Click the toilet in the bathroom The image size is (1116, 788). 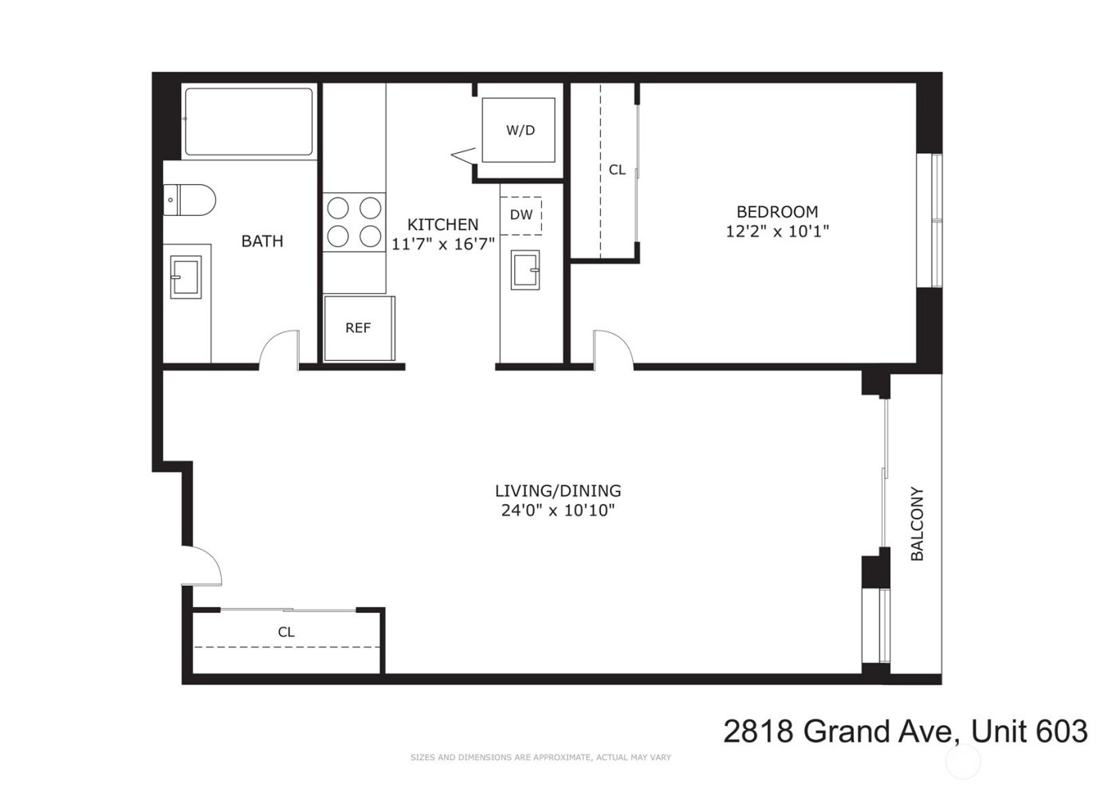[190, 200]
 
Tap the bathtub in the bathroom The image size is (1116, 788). [249, 122]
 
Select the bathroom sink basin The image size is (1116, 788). [187, 277]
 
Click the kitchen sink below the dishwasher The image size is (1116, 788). [525, 269]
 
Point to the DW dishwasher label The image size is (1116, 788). [521, 214]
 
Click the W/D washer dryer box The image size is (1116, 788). [519, 130]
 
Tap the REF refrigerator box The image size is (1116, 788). [358, 327]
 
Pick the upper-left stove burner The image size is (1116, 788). [338, 208]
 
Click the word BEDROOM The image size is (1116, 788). [776, 212]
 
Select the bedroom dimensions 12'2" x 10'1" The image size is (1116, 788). [777, 232]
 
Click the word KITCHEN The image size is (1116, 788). [442, 225]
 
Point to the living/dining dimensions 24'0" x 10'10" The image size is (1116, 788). [557, 511]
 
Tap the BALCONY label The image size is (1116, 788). [917, 523]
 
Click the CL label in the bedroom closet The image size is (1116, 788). [617, 170]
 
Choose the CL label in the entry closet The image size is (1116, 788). [286, 632]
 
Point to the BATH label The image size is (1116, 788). [262, 241]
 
